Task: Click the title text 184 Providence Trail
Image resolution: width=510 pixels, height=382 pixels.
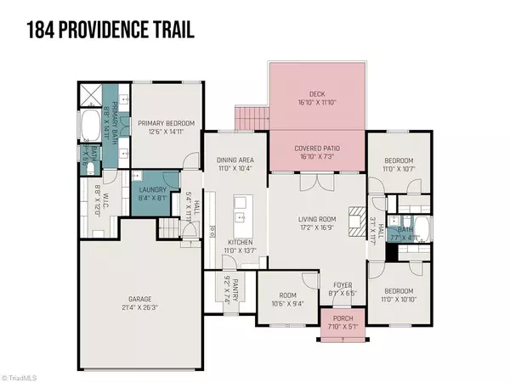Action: click(x=111, y=31)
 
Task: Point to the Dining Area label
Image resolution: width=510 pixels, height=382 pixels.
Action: click(x=234, y=164)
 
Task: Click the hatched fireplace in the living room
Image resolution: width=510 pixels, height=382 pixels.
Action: click(x=354, y=213)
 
